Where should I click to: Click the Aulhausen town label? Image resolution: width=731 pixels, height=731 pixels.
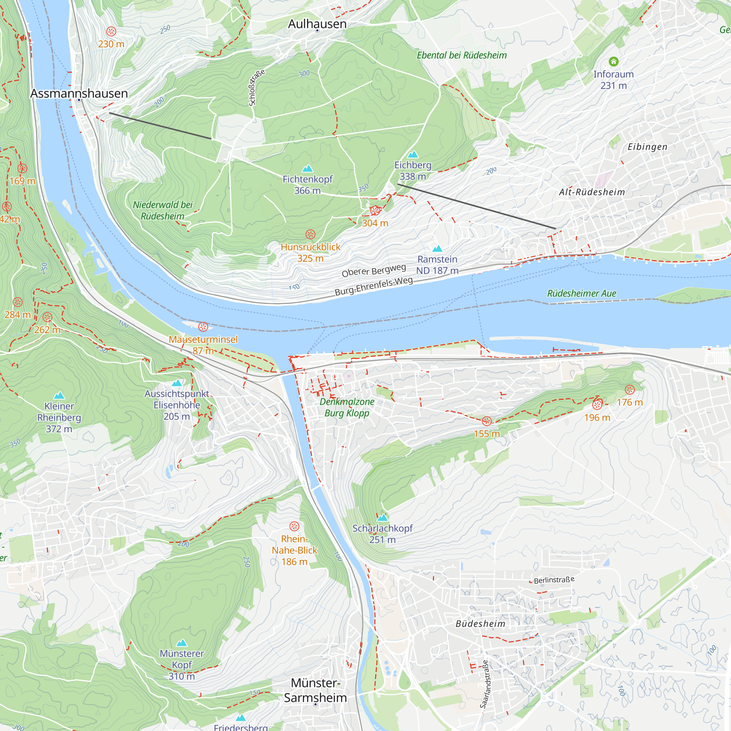317,24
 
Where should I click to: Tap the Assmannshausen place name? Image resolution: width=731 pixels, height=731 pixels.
79,93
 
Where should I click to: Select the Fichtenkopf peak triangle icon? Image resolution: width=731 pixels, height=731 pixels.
308,168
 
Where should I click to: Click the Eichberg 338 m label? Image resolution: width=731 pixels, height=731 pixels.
413,171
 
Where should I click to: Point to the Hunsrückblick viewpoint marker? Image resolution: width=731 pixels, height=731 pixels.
310,234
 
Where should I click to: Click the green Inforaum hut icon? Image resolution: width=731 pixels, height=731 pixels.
613,61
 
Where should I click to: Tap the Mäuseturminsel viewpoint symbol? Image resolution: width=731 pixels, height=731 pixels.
203,326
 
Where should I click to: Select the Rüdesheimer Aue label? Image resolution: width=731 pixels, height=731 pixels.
582,293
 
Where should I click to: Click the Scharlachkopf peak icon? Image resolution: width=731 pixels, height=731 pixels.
383,517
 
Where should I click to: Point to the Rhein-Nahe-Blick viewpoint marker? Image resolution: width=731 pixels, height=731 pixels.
294,526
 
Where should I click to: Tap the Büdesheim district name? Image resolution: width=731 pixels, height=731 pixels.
480,624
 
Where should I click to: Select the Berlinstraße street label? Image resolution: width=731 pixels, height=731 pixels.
554,580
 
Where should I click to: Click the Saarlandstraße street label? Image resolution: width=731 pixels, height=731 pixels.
485,684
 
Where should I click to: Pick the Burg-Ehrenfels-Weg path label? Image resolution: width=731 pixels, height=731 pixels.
374,287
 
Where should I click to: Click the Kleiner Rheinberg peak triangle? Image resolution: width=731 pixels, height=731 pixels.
59,396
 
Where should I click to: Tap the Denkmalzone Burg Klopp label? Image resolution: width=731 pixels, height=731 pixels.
346,407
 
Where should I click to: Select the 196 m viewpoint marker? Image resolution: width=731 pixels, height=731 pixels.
597,405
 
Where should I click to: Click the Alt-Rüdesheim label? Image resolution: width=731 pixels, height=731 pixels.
592,192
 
